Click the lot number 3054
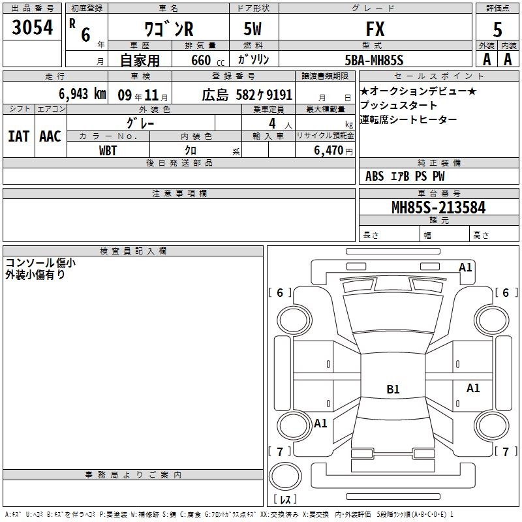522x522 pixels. (x=32, y=27)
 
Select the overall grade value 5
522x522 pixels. (x=497, y=30)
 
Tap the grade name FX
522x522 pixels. (x=375, y=29)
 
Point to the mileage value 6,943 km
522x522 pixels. (x=82, y=94)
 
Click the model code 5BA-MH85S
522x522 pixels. (x=374, y=60)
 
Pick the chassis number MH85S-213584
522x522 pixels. (x=438, y=207)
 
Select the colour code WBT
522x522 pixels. (x=108, y=151)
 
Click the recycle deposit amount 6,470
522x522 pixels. (x=329, y=151)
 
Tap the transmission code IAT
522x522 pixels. (x=19, y=136)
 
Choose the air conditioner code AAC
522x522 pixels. (x=50, y=136)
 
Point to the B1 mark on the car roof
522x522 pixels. (x=393, y=389)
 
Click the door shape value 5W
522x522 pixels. (x=253, y=29)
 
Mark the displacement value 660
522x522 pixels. (x=201, y=60)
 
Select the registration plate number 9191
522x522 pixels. (x=279, y=95)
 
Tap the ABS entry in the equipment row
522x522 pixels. (x=375, y=176)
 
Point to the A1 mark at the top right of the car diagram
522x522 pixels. (x=465, y=268)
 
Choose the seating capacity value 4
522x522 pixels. (x=272, y=123)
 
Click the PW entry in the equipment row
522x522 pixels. (x=438, y=176)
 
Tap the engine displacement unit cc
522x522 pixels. (x=221, y=63)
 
